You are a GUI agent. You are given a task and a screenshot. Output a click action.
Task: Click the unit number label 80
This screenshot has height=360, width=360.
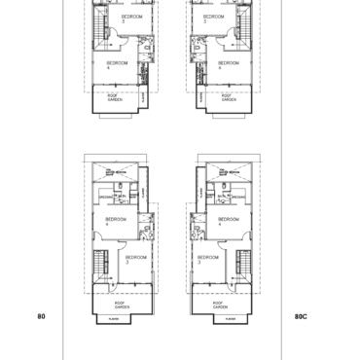coord(40,315)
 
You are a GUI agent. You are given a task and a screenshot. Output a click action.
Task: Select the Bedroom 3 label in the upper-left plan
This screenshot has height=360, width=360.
coord(129,18)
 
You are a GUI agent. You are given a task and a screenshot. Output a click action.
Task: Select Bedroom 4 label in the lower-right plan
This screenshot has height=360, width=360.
coord(230,221)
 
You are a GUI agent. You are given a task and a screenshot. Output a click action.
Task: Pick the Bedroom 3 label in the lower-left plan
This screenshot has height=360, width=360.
coord(135,259)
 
